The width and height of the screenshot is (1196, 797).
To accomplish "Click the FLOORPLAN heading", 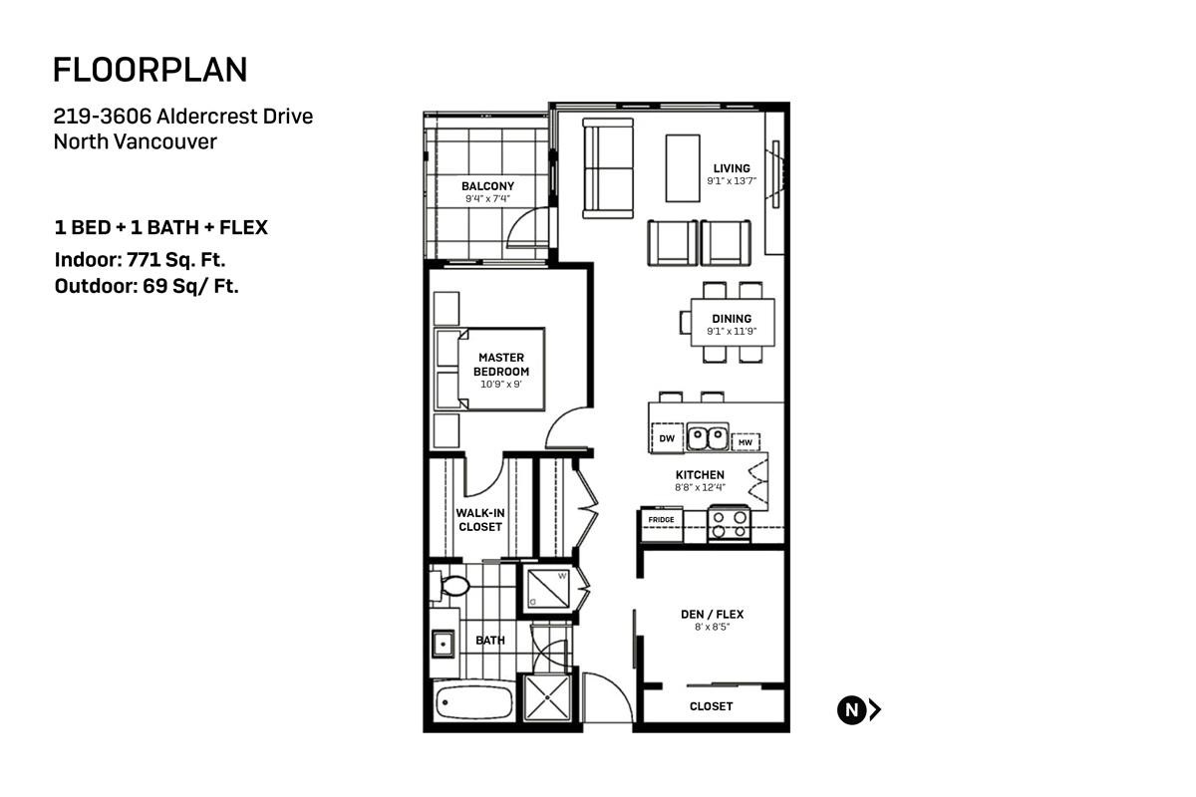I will pyautogui.click(x=149, y=70).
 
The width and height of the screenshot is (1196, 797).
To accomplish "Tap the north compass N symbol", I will pyautogui.click(x=851, y=710).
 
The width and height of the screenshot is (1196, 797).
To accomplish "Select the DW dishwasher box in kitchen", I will pyautogui.click(x=667, y=437).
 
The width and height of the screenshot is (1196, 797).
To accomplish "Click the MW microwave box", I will pyautogui.click(x=745, y=441).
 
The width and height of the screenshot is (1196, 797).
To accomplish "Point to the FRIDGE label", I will pyautogui.click(x=661, y=520).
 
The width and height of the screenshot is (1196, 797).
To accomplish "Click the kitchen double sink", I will pyautogui.click(x=708, y=436).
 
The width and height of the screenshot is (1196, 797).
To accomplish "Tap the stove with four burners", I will pyautogui.click(x=729, y=524).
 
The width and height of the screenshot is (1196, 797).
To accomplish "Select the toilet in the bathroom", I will pyautogui.click(x=449, y=586).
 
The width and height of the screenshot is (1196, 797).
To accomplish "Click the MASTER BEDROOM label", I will pyautogui.click(x=501, y=364).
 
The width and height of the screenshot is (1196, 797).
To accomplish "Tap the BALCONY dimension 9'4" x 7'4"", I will pyautogui.click(x=487, y=199).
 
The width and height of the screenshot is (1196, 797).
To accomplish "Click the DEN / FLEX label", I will pyautogui.click(x=713, y=615).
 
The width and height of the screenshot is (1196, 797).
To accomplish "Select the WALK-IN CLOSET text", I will pyautogui.click(x=479, y=519).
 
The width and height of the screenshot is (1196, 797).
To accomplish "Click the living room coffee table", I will pyautogui.click(x=683, y=167).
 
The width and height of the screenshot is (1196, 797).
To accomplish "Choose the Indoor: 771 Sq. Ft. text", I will pyautogui.click(x=140, y=261).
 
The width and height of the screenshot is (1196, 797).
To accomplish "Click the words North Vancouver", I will pyautogui.click(x=135, y=141).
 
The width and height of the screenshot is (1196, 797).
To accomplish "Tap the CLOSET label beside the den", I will pyautogui.click(x=711, y=706).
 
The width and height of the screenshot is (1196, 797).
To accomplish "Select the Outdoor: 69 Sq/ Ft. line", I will pyautogui.click(x=147, y=287).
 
